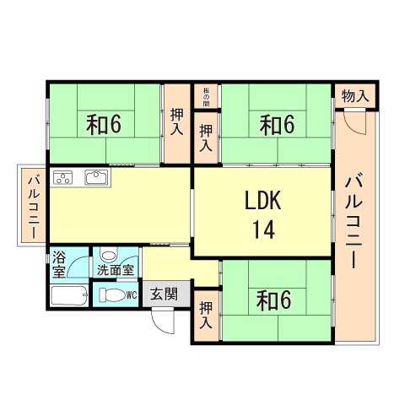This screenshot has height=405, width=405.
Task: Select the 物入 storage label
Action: coord(355,97)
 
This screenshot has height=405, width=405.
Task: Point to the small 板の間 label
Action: coord(206,97)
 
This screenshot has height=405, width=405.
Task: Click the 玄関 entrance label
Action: coord(164,294)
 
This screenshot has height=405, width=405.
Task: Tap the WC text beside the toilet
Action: coord(131,294)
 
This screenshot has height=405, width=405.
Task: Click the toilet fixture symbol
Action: coord(111,295)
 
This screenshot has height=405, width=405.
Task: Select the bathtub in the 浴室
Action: coord(68,295)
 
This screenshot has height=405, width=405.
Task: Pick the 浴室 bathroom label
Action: coord(59,264)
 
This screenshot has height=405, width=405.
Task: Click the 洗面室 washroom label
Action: coord(115,271)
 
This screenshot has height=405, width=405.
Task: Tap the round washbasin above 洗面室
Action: coord(108,255)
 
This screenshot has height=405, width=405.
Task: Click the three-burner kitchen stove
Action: coord(65,178)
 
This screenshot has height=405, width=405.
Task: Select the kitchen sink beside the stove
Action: coord(94,178)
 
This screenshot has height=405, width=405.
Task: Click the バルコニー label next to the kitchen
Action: coord(32,207)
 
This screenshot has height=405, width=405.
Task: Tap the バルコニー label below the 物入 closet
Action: coord(354,219)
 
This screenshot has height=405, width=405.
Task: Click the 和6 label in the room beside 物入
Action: coord(277,125)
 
